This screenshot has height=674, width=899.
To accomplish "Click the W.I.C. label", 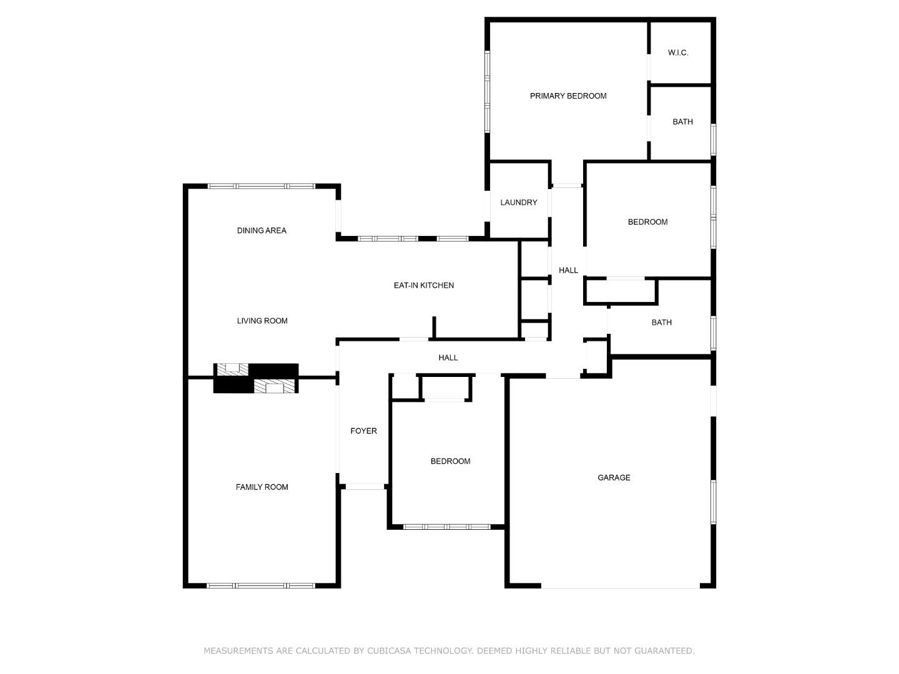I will (x=678, y=53).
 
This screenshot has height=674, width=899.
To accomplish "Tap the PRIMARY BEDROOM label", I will (x=568, y=96).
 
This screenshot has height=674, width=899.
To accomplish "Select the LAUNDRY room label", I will (x=518, y=203).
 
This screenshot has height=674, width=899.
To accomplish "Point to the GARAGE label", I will (x=614, y=478).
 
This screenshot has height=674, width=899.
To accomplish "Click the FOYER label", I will (x=363, y=431).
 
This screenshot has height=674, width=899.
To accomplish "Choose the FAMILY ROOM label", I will (x=262, y=487).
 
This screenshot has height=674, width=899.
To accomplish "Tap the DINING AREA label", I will (x=262, y=231).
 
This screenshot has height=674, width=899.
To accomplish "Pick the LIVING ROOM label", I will (x=262, y=321).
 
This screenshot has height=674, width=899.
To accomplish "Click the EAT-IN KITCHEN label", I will (x=423, y=286).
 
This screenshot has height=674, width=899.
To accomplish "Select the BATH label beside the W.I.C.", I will (x=682, y=122).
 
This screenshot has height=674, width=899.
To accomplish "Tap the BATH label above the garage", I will (x=661, y=323).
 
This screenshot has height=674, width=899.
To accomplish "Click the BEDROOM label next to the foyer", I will (x=450, y=462).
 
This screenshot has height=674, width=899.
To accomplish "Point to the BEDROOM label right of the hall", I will (x=647, y=222).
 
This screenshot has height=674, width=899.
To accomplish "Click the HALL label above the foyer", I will (x=448, y=358).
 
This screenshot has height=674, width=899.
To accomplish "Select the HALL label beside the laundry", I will (x=568, y=271).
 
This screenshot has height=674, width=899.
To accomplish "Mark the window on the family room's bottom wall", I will (x=261, y=585).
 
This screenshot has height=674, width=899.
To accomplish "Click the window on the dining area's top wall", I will (x=261, y=186).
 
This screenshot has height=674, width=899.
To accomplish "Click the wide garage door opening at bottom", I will (x=620, y=587).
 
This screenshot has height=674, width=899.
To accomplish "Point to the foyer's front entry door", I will (x=365, y=486).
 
